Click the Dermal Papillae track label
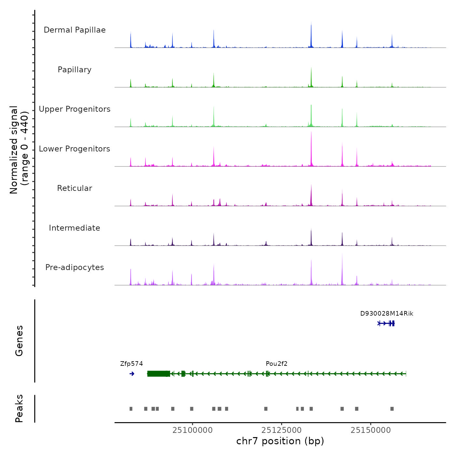pos(75,30)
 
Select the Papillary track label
pos(75,70)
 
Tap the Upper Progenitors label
pos(75,109)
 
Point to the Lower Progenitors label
pos(75,149)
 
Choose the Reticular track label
pos(75,188)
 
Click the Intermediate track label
pos(75,228)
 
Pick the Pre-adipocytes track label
pos(75,267)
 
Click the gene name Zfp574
pos(131,364)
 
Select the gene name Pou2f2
pos(277,364)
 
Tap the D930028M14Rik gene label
pos(387,314)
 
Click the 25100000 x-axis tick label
pos(192,430)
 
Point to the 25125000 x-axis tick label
pos(281,430)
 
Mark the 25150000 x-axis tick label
pos(371,430)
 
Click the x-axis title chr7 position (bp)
pos(280,441)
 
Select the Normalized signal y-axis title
pos(19,150)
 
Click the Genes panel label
pos(19,341)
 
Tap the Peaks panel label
pos(19,408)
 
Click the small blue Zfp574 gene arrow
pos(132,374)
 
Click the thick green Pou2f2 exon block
pos(159,374)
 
